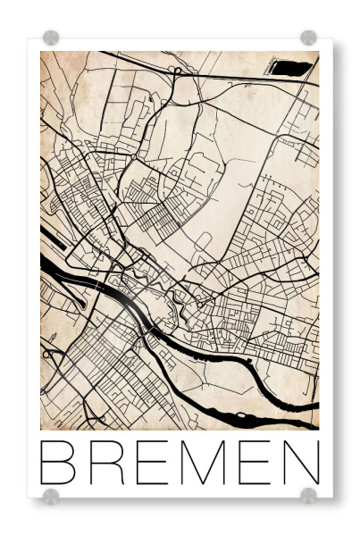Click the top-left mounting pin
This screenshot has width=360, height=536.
(x=51, y=38)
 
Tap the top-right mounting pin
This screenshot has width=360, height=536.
(x=308, y=38)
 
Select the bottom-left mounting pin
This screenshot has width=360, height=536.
(x=51, y=495)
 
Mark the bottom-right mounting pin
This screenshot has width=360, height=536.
(x=308, y=495)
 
